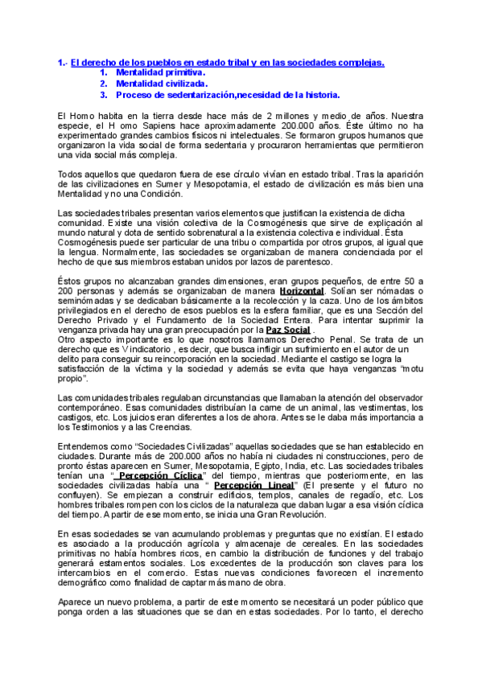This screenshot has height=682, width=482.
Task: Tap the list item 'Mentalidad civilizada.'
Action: click(162, 83)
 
